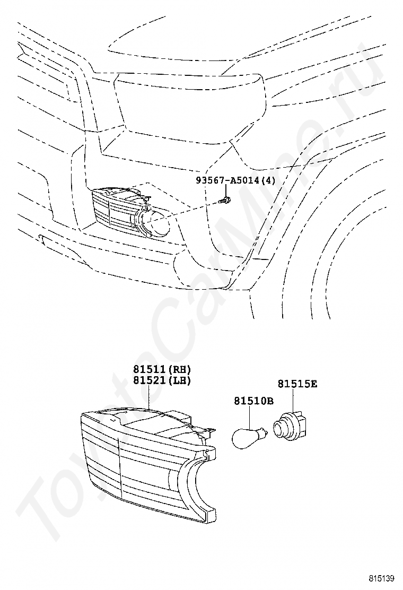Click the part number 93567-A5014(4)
(x=235, y=181)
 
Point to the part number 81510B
(x=253, y=401)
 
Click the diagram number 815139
(x=383, y=578)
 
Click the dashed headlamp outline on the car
(x=191, y=106)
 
